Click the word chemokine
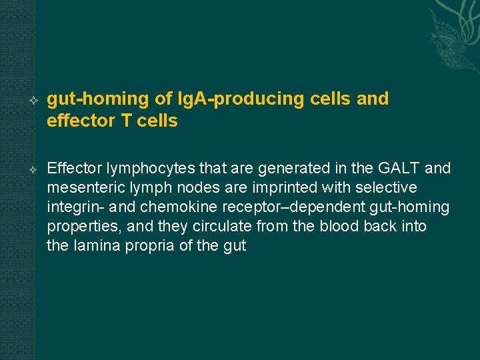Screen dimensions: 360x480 pos(170,207)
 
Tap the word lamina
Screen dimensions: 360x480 pos(93,246)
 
